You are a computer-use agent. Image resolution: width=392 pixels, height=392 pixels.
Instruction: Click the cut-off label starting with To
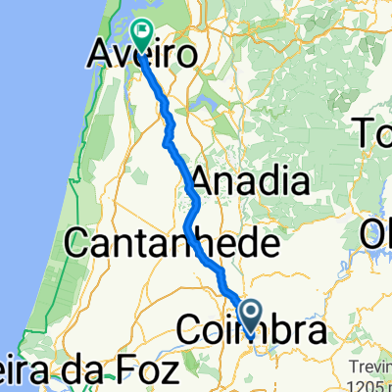click(x=377, y=129)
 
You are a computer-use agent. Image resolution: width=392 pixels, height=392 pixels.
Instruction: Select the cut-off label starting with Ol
click(x=376, y=235)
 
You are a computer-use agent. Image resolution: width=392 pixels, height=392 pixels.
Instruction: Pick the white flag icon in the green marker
click(x=143, y=31)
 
